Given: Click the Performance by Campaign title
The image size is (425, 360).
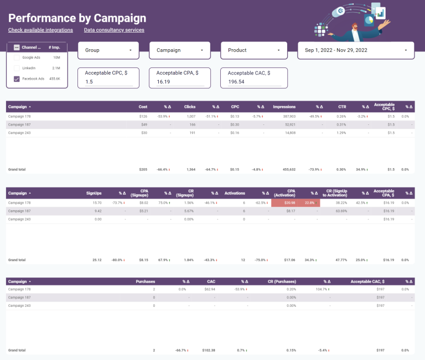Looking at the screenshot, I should [77, 18].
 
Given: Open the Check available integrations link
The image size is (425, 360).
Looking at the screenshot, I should [40, 30].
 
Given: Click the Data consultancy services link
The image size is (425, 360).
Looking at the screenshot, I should [114, 30].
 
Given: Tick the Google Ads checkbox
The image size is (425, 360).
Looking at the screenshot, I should [17, 58].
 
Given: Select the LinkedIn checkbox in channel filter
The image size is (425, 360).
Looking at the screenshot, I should [17, 68].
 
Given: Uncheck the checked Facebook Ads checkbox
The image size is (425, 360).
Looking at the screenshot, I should [17, 79].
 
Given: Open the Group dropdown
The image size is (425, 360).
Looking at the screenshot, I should [108, 50].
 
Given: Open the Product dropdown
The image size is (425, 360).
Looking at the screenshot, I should [251, 50].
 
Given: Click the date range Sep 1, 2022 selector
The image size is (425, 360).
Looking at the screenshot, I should [355, 50].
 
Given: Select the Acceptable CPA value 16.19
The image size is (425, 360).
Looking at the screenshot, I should [180, 82].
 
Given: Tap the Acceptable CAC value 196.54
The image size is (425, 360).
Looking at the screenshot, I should [251, 82].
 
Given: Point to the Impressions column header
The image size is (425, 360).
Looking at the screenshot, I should [284, 107].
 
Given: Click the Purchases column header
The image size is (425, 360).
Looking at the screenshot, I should [146, 281].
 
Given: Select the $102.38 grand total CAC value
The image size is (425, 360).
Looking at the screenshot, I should [207, 350].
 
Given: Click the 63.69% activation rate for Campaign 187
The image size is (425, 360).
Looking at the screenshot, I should [339, 211].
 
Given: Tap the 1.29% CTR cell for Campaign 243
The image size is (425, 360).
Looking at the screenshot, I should [341, 133].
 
